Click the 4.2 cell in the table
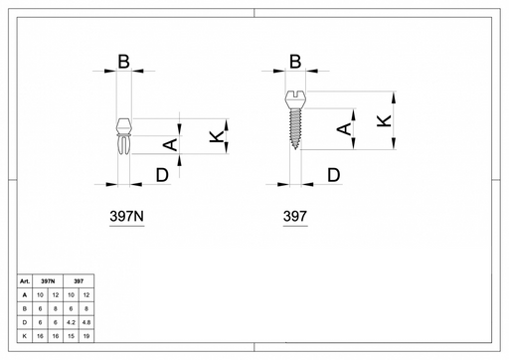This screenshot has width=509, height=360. (71, 322)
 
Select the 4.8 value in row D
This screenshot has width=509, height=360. (86, 322)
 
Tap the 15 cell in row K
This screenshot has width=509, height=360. (71, 336)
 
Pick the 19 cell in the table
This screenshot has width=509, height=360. (86, 336)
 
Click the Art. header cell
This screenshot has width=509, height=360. (25, 281)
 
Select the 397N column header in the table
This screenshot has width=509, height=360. (48, 281)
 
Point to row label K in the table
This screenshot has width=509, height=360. (25, 336)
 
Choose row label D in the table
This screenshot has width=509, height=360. (25, 322)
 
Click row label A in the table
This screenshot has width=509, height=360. (25, 295)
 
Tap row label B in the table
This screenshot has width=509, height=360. (25, 308)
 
